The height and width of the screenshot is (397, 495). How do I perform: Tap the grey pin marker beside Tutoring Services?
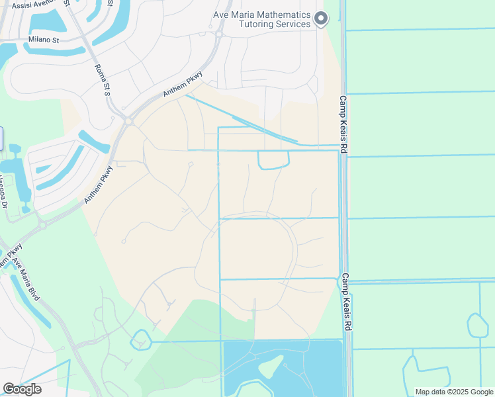tap(321, 19)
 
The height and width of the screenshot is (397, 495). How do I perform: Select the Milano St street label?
tap(44, 40)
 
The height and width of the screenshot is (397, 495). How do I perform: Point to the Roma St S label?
tap(103, 79)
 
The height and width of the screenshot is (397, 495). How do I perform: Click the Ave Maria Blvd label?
tap(29, 281)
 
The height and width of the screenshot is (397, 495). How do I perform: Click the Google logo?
tap(22, 389)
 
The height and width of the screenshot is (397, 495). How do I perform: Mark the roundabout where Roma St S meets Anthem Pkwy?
tap(128, 120)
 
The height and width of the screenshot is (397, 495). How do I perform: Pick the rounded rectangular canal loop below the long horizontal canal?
tap(273, 160)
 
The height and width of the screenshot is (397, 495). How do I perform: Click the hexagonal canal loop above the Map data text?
tap(477, 325)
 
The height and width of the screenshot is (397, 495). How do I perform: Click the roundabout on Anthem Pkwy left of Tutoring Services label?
tap(218, 34)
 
